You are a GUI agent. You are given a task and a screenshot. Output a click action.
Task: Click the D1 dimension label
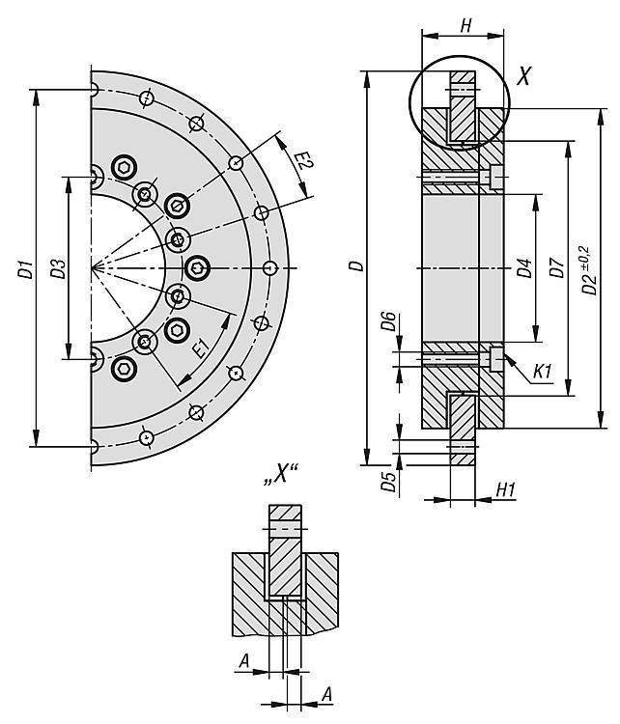25,271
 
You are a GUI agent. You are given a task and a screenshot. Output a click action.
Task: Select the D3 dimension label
58,269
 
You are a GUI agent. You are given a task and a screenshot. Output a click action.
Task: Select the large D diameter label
357,265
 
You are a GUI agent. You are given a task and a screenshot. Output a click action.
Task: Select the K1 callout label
542,370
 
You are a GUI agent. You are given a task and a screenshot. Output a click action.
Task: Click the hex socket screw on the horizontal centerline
197,266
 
